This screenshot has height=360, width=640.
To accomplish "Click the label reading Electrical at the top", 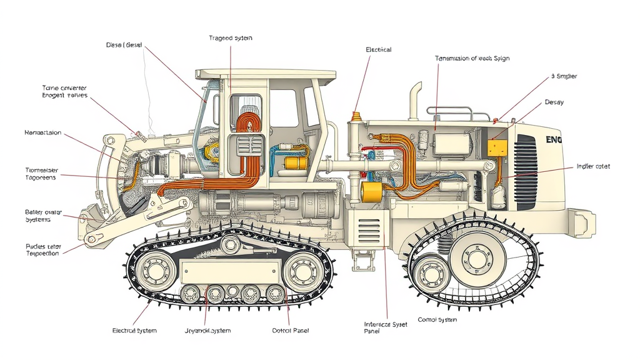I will point(378,49).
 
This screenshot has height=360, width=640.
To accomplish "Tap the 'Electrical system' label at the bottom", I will point(134,330).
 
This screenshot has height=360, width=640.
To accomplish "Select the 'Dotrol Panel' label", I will point(291,330).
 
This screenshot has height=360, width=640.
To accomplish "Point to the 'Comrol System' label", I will point(437,319).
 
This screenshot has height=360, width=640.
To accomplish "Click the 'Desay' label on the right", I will point(554,102).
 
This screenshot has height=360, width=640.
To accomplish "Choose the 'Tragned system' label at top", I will point(231,38).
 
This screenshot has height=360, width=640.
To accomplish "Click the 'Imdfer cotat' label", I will point(592,167).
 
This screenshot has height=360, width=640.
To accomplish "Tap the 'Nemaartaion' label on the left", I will point(42,132).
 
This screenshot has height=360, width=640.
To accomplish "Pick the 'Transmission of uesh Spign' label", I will point(472,58).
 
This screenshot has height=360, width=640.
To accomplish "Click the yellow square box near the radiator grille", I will point(497,147).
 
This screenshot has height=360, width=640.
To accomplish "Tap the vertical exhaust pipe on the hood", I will point(415,100).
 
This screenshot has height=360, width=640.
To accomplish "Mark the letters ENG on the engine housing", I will point(553,140).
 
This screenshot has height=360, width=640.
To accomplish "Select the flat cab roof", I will point(262,73).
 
